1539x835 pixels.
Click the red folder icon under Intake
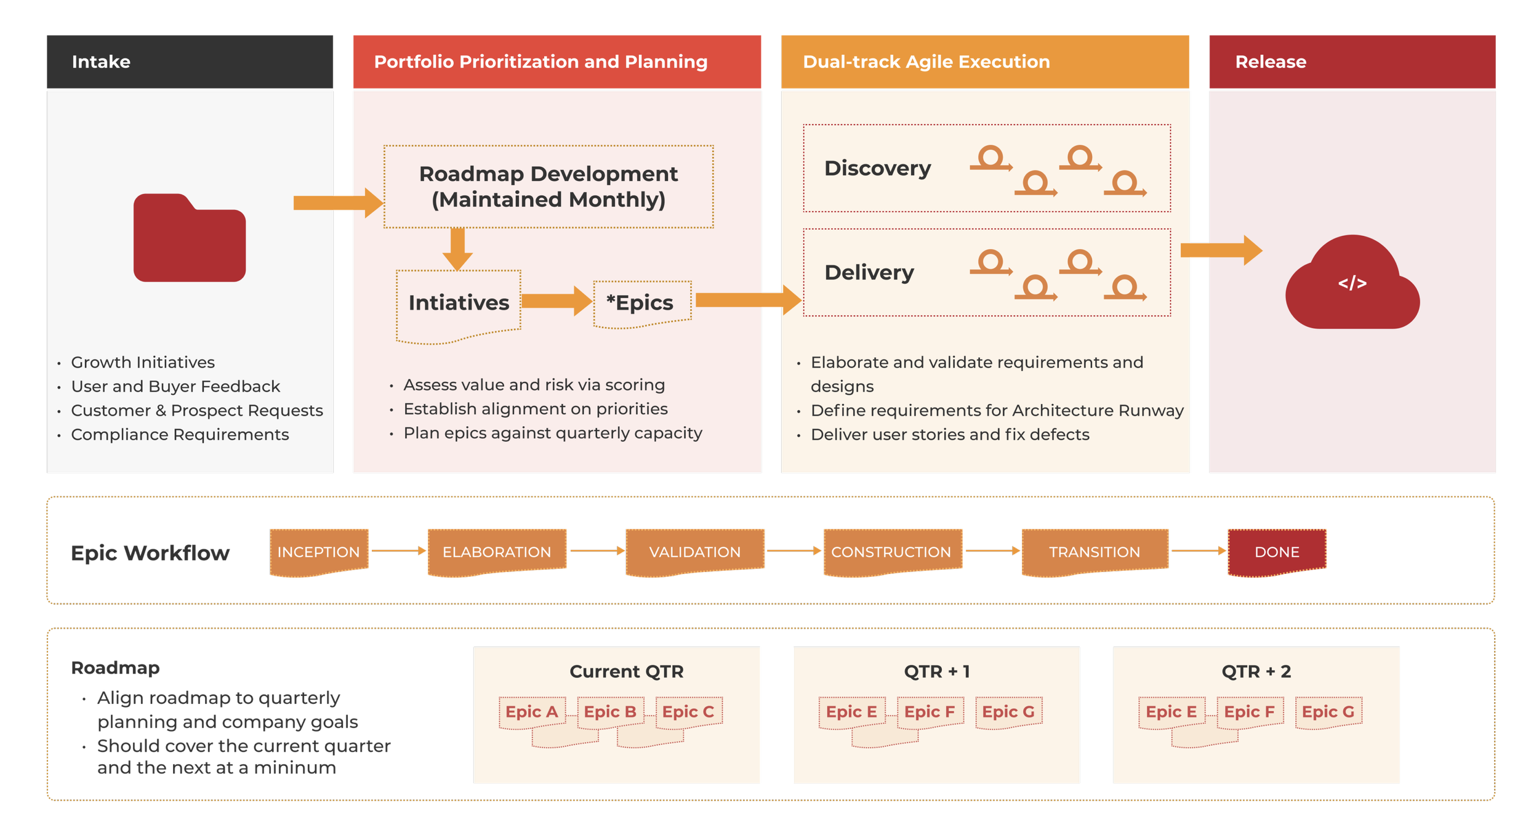tap(190, 238)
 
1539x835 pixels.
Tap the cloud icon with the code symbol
tap(1352, 284)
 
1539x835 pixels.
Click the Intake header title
tap(101, 62)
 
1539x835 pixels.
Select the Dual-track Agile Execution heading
tap(926, 62)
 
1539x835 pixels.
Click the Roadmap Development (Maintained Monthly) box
tap(548, 187)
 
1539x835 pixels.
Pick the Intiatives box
tap(459, 303)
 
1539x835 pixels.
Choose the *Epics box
tap(641, 303)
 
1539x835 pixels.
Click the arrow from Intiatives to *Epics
tap(557, 301)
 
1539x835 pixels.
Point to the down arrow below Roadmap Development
tap(457, 248)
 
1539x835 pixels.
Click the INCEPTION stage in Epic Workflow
tap(318, 552)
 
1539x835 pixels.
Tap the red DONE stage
tap(1277, 552)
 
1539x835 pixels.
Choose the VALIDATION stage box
tap(694, 552)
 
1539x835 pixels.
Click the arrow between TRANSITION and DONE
tap(1198, 551)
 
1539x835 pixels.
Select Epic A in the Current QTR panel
tap(531, 712)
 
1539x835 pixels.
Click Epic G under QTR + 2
tap(1328, 712)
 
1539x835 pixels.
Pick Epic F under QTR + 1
tap(930, 712)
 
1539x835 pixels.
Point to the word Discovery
tap(877, 168)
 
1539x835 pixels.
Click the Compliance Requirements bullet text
tap(180, 435)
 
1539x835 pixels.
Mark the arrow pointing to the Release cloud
tap(1221, 250)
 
